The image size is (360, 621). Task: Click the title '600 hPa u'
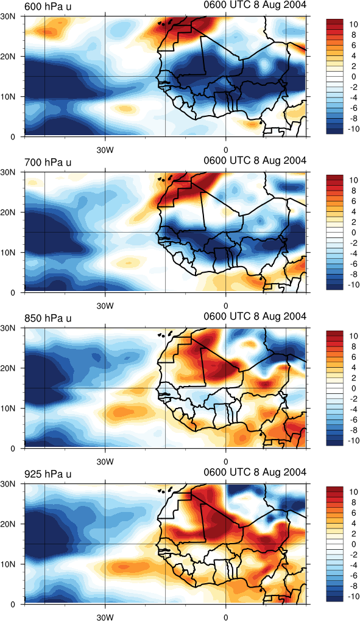tap(48, 7)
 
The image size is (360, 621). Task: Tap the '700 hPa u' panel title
tap(48, 163)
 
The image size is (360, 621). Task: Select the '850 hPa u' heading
tap(48, 318)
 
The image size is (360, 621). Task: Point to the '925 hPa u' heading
tap(48, 474)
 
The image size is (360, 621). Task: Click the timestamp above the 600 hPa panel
tap(255, 5)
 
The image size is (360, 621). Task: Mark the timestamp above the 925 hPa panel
tap(255, 472)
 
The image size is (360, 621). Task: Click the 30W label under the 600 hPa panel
tap(105, 151)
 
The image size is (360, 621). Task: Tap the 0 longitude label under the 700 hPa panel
tap(226, 307)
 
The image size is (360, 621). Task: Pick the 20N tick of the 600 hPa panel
tap(9, 57)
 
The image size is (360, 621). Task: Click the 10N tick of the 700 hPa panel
tap(9, 252)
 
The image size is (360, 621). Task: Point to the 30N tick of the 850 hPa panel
tap(9, 328)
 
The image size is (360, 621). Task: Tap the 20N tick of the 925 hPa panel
tap(9, 524)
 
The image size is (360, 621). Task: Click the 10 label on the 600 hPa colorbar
tap(353, 24)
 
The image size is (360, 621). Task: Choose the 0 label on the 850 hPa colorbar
tap(353, 388)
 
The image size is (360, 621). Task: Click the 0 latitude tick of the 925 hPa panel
tap(12, 605)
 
